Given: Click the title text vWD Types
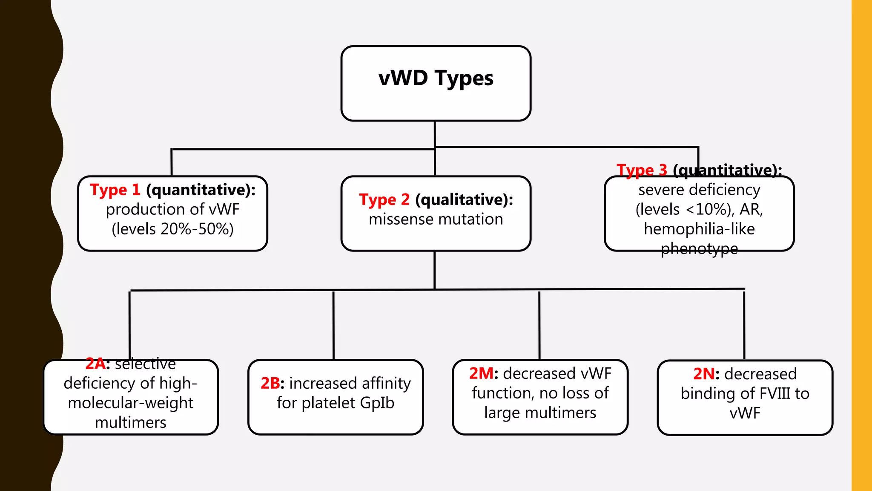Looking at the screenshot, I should tap(436, 78).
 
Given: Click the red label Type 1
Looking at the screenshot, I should tap(115, 190).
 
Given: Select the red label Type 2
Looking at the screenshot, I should tap(384, 199).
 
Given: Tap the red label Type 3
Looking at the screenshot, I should tap(642, 170).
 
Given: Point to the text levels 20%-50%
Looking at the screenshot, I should tap(172, 229).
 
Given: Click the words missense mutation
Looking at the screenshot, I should tap(436, 219).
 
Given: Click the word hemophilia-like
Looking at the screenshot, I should tap(699, 229).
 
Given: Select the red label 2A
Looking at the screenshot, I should tap(95, 364).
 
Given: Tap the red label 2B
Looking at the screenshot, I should tap(270, 383).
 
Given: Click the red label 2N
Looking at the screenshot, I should tap(704, 374).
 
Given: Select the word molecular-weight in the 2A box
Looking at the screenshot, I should tap(130, 403).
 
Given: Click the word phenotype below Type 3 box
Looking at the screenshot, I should tap(699, 248).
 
